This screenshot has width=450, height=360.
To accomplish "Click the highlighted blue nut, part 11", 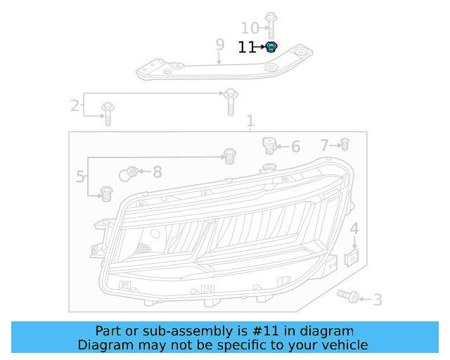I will tap(271, 48).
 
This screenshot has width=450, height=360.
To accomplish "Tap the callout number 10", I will tap(250, 28).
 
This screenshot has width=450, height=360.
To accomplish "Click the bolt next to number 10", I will tap(271, 25).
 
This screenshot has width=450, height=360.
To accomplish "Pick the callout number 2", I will tap(75, 106).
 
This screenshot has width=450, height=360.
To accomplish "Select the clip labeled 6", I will tap(268, 146).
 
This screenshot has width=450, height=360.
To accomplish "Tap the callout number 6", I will tap(295, 147).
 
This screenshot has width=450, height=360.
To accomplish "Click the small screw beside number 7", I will tap(345, 145).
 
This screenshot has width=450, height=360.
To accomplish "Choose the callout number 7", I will tap(325, 146).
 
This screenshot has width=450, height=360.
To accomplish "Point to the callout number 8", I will tap(157, 172).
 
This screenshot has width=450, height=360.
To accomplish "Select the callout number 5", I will tap(80, 176).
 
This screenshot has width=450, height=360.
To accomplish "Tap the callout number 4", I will tap(354, 229).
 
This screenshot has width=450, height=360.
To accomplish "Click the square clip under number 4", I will tap(354, 259).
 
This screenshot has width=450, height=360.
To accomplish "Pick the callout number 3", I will tap(378, 300).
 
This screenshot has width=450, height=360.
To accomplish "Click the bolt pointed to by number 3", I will tap(348, 297).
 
